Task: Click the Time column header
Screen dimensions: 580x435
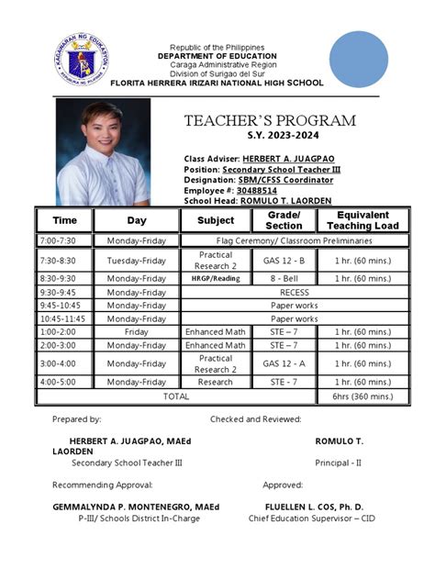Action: [64, 221]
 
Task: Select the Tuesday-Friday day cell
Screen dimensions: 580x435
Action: [136, 260]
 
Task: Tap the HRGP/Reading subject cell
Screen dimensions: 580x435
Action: [215, 278]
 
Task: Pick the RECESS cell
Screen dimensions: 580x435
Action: [293, 293]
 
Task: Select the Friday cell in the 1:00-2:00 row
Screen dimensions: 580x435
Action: [136, 331]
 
